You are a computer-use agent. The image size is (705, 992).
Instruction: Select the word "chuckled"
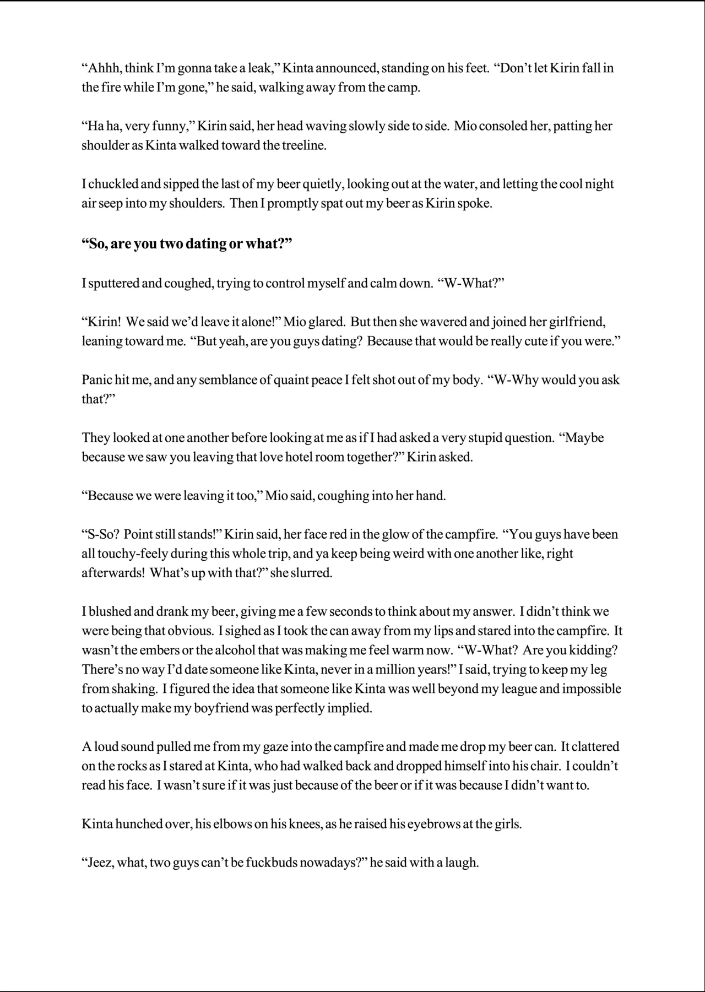pyautogui.click(x=109, y=185)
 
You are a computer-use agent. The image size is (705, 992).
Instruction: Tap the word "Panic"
pyautogui.click(x=97, y=380)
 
